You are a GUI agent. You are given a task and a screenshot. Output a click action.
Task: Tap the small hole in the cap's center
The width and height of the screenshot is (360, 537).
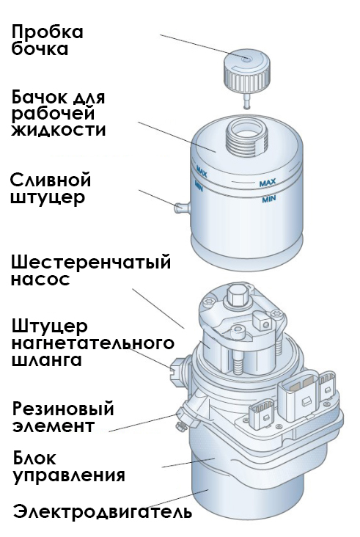click(x=246, y=59)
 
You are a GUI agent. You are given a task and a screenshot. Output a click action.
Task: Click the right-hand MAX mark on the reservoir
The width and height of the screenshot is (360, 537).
click(x=268, y=183)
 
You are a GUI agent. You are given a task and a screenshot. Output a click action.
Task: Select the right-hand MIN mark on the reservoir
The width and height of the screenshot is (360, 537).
click(x=269, y=199)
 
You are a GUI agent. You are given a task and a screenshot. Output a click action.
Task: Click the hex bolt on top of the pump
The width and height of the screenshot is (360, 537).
click(x=237, y=295)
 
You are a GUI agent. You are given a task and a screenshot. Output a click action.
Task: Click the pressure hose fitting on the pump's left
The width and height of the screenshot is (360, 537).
click(x=177, y=367)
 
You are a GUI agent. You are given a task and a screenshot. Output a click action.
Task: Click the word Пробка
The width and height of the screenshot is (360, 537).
click(x=47, y=33)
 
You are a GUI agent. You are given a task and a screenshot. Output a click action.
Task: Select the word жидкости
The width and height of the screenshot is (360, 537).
click(x=58, y=130)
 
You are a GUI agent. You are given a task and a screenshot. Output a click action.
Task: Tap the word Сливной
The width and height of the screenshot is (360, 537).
click(x=51, y=180)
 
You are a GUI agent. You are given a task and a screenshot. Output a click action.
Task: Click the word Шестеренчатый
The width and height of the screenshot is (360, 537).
click(x=91, y=263)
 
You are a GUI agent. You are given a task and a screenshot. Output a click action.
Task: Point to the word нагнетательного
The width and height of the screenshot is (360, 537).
click(x=92, y=343)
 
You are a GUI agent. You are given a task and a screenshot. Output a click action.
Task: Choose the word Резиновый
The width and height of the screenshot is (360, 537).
click(x=63, y=409)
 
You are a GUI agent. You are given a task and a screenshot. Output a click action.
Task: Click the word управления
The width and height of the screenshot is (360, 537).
click(x=69, y=476)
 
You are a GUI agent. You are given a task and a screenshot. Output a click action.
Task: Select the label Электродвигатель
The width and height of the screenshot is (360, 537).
click(x=103, y=512)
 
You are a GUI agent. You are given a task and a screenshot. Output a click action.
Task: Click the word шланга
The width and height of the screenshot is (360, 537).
click(x=47, y=360)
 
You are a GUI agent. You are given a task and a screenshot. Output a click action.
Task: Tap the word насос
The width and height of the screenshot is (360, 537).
click(x=40, y=280)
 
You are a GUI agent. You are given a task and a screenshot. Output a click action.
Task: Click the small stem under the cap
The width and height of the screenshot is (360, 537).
click(x=246, y=102)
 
